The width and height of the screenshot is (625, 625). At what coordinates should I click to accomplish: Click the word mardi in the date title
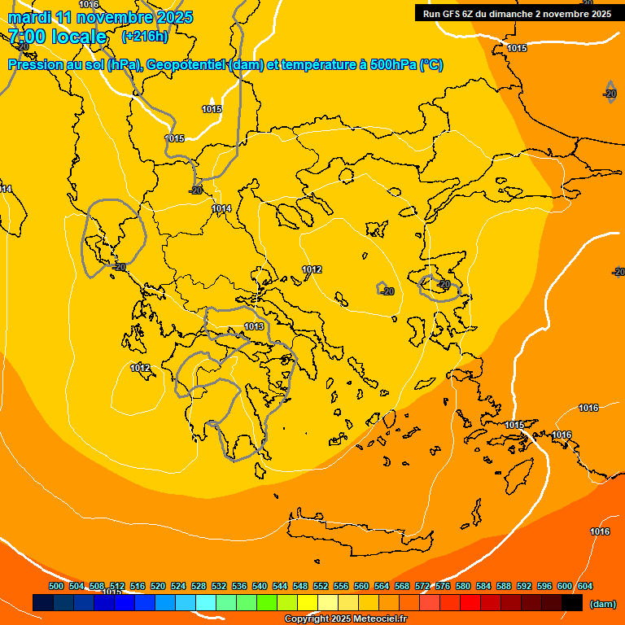point(30,17)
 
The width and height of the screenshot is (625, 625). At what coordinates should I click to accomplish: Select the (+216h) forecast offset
point(145,37)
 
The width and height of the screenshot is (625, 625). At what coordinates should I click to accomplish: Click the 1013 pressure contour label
point(254,327)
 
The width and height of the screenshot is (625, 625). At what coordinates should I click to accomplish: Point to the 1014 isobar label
point(221,209)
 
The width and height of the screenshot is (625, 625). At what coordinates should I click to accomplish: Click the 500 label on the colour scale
point(56,587)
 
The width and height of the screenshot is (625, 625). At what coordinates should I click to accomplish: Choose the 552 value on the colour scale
point(321,587)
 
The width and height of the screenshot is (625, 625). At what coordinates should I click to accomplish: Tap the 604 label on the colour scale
point(585,587)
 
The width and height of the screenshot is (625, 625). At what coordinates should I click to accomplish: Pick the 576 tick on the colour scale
point(443,587)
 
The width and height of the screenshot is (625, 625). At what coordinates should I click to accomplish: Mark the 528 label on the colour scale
point(199,587)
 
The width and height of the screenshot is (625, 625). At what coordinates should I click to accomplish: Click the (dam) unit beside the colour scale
point(603,604)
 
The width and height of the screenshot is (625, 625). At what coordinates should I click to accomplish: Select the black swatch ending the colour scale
point(572,603)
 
